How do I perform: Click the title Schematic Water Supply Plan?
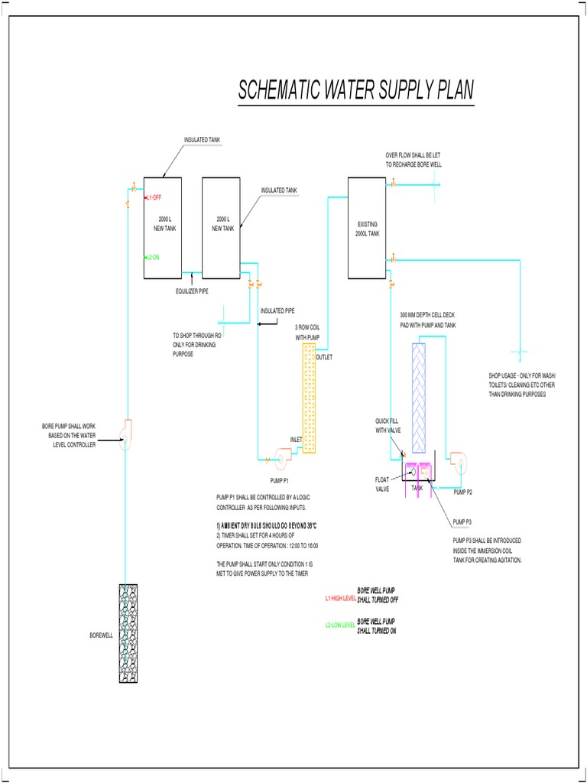(355, 91)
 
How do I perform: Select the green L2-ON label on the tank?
(151, 257)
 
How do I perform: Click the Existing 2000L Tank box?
(368, 228)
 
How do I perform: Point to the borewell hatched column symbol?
(128, 633)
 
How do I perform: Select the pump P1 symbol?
(278, 459)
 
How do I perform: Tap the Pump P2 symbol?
(461, 459)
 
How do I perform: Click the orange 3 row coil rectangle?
(309, 398)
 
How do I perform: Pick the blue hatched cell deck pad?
(420, 398)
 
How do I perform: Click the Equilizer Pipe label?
(193, 291)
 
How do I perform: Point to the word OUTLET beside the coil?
(325, 357)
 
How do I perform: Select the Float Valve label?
(382, 484)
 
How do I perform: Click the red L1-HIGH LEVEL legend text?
(341, 599)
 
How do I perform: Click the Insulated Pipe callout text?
(277, 310)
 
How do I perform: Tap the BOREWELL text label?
(101, 635)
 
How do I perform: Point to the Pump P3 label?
(463, 521)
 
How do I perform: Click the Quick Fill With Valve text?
(388, 425)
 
